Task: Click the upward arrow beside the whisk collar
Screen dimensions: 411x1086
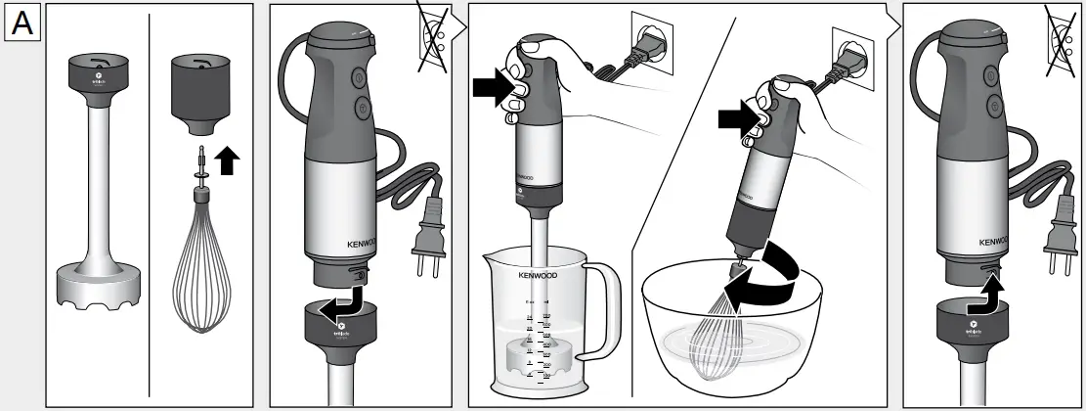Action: point(228,160)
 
